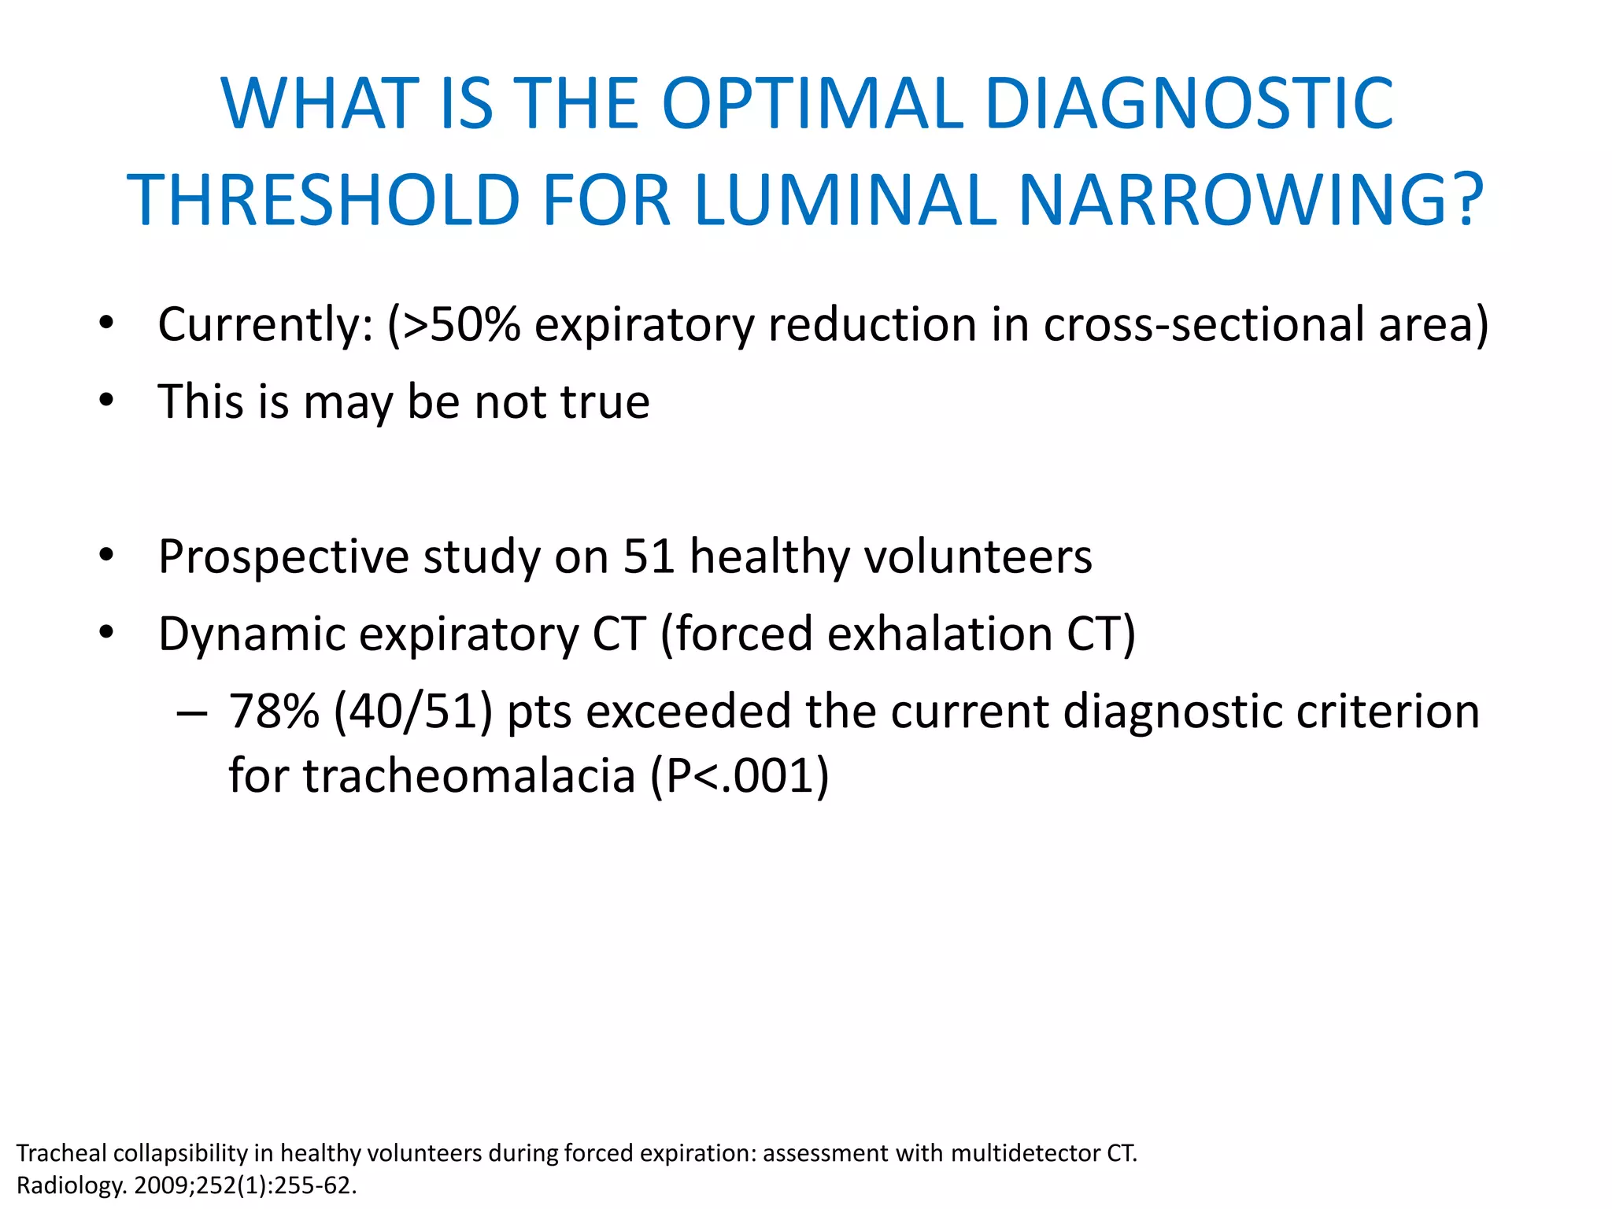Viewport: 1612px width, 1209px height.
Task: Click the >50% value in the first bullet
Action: tap(461, 324)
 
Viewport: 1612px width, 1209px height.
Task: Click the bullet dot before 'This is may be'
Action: tap(107, 401)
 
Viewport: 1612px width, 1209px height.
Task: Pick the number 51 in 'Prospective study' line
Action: tap(649, 556)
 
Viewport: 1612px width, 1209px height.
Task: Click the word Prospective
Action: tap(283, 556)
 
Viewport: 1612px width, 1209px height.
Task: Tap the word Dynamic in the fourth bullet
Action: tap(251, 634)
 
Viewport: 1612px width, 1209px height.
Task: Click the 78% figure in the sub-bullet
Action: tap(274, 712)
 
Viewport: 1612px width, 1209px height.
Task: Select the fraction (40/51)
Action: tap(413, 712)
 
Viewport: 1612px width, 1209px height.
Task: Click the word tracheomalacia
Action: tap(469, 775)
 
